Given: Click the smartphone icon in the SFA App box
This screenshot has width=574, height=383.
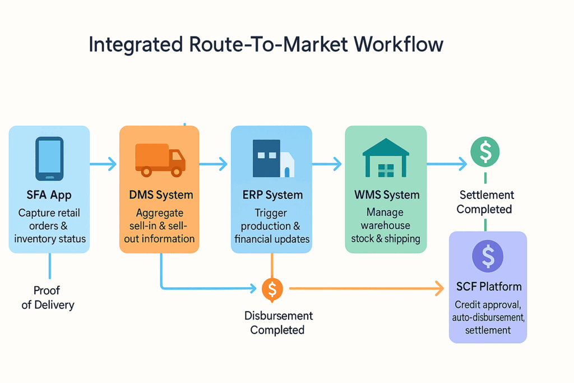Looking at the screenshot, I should click(x=49, y=158).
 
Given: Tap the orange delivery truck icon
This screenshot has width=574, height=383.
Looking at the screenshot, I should click(x=160, y=159).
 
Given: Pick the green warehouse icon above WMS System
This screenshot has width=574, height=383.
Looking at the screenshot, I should click(x=386, y=158).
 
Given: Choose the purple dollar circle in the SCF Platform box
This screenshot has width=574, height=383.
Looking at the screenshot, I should click(x=488, y=257).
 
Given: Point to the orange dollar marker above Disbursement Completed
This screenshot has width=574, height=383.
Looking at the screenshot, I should click(x=272, y=289).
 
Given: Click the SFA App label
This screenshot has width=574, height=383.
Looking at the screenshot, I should click(x=49, y=196).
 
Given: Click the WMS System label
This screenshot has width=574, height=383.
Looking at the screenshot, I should click(x=387, y=196).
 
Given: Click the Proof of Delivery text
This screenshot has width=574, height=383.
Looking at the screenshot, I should click(x=48, y=298).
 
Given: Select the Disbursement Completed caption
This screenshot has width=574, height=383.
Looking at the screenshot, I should click(x=278, y=323).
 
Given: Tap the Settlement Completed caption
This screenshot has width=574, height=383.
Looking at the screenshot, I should click(x=485, y=202).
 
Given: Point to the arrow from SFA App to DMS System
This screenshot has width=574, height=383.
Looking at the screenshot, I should click(x=104, y=164).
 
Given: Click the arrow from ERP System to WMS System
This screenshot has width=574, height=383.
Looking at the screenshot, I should click(x=327, y=164).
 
